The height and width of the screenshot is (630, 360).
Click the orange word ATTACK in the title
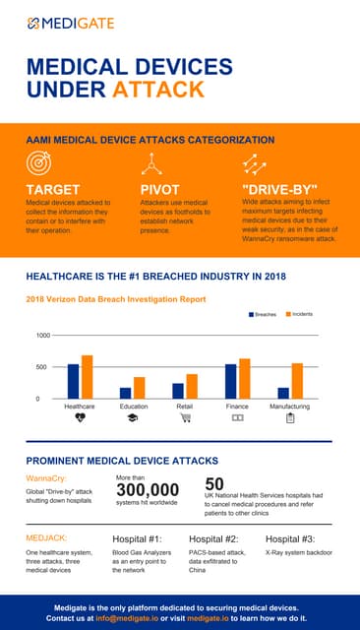click(x=158, y=90)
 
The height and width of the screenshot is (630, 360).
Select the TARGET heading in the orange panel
click(x=53, y=189)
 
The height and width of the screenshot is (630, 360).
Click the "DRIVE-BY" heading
click(x=279, y=189)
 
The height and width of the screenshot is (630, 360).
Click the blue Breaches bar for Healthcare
click(x=73, y=381)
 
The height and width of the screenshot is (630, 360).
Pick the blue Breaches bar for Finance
click(x=231, y=381)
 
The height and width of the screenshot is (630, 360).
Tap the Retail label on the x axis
click(x=184, y=406)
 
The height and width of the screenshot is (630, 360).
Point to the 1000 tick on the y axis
click(x=43, y=336)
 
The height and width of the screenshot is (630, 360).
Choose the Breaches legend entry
click(x=262, y=314)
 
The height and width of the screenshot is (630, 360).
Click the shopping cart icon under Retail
click(x=185, y=418)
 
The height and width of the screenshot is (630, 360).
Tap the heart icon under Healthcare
click(x=80, y=418)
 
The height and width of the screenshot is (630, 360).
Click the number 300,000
click(x=148, y=490)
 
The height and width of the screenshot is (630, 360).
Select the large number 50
click(x=214, y=483)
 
